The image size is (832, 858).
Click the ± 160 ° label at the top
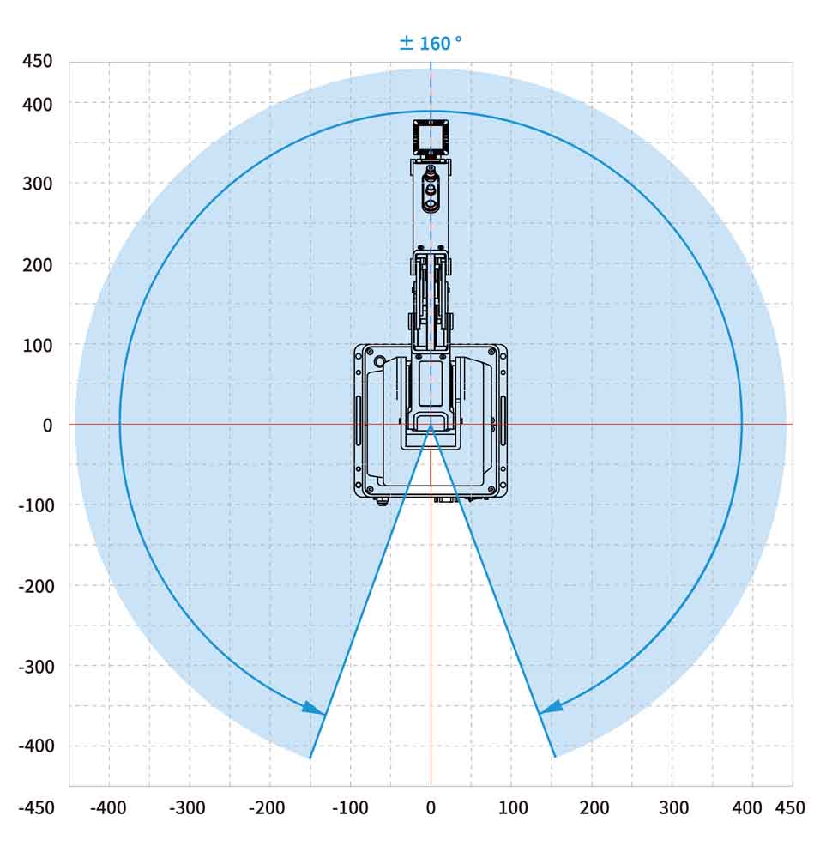tap(431, 43)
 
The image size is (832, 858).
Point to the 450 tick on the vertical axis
tap(37, 61)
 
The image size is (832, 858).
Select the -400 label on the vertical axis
tap(37, 746)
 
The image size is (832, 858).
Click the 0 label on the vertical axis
tap(47, 426)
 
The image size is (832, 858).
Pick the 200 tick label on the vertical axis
tap(37, 265)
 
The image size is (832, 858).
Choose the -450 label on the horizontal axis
tap(37, 807)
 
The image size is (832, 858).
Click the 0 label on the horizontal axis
tap(431, 807)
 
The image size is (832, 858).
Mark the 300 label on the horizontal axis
tap(673, 807)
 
